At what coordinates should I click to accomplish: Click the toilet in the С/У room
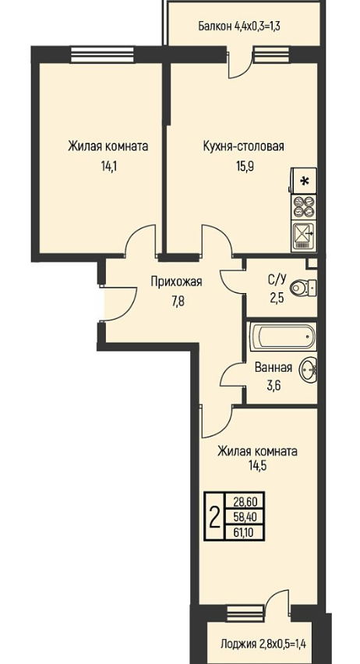pyautogui.click(x=303, y=288)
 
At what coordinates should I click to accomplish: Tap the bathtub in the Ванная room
pyautogui.click(x=283, y=337)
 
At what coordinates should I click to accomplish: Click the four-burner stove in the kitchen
pyautogui.click(x=304, y=207)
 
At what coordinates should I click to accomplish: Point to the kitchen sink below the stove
pyautogui.click(x=304, y=235)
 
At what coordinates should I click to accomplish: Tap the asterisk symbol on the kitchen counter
pyautogui.click(x=304, y=181)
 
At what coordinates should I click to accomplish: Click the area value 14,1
pyautogui.click(x=108, y=166)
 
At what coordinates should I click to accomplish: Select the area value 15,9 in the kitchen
pyautogui.click(x=245, y=166)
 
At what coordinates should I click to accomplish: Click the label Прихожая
pyautogui.click(x=177, y=282)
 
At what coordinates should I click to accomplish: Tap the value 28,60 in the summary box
pyautogui.click(x=247, y=502)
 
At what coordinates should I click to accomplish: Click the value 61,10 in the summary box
pyautogui.click(x=247, y=532)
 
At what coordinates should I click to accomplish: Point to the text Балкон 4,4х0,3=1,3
pyautogui.click(x=240, y=26)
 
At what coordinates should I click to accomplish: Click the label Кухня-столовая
pyautogui.click(x=244, y=147)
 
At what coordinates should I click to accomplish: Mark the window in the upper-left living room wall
pyautogui.click(x=103, y=55)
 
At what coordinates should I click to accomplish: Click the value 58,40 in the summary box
pyautogui.click(x=247, y=517)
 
